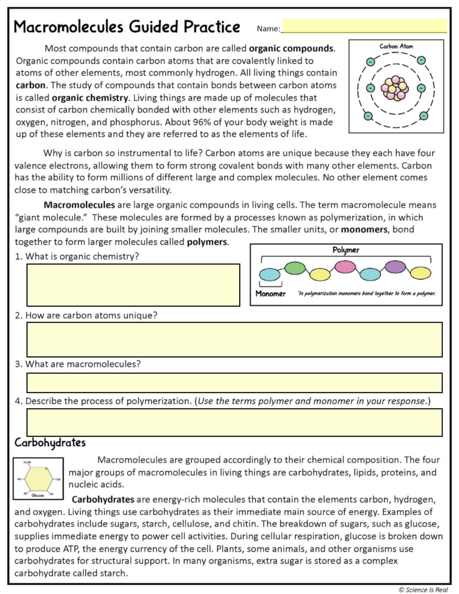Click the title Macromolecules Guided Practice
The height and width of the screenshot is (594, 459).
pos(127,27)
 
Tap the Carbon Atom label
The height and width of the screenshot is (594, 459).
pos(396,46)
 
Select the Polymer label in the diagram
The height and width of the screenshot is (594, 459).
pos(346,250)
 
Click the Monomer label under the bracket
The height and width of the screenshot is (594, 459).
pos(270,294)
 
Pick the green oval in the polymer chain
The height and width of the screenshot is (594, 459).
pos(295,268)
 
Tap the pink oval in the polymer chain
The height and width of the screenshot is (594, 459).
pos(345,267)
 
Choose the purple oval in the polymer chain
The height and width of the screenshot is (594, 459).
pos(395,267)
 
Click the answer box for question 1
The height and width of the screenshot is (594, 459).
pos(133,285)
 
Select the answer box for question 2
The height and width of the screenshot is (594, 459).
pos(234,340)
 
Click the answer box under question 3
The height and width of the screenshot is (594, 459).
pos(234,383)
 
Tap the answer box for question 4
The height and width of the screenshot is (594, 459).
pos(234,423)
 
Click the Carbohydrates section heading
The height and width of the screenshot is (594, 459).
pos(50,443)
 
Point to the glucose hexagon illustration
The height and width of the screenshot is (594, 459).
pos(38,479)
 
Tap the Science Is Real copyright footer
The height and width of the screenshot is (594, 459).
pos(423,589)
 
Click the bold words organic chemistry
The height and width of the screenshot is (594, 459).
pos(90,98)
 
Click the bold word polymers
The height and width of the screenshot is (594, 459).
pos(207,242)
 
